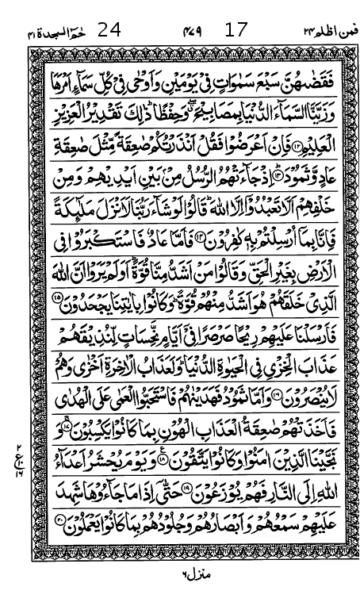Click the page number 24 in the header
109,31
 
